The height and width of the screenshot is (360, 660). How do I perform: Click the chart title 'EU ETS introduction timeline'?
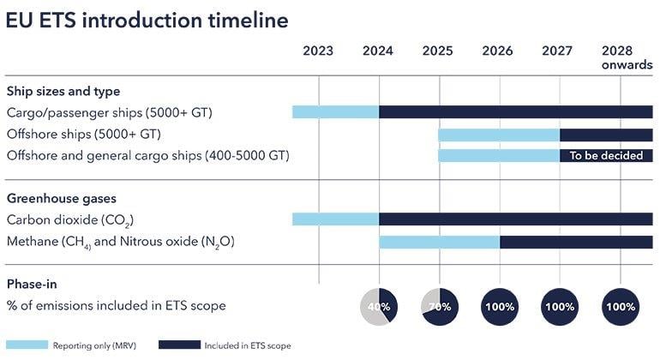[147, 21]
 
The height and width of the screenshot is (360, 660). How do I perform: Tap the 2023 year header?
[318, 51]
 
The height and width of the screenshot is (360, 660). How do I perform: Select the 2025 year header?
[438, 51]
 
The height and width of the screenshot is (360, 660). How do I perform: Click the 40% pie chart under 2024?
[378, 306]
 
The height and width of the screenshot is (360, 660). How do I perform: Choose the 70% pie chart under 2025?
[439, 306]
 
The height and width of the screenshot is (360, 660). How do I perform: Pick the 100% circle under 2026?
[499, 306]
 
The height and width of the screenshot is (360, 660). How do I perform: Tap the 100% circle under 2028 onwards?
[620, 306]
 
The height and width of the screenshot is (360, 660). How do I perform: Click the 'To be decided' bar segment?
[606, 156]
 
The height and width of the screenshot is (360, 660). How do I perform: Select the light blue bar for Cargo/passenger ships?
[335, 112]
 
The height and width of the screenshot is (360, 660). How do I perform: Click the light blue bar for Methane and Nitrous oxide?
[439, 243]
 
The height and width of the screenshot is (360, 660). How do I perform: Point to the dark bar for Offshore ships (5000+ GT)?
[606, 135]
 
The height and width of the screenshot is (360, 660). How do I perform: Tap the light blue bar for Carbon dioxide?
[335, 219]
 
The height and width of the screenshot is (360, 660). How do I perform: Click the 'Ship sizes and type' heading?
[63, 91]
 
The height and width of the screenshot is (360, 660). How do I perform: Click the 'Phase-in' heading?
[33, 285]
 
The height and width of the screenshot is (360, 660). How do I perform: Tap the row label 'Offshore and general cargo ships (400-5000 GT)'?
[147, 155]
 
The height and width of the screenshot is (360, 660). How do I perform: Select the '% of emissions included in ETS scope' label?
[116, 305]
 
